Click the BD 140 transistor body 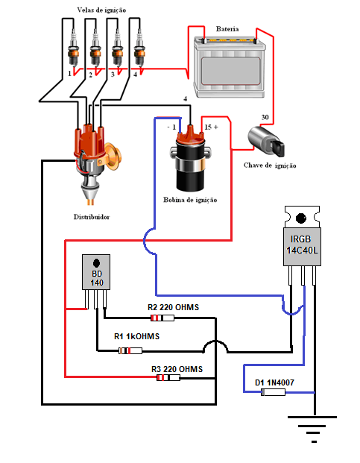96,272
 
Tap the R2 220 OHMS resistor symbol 162,318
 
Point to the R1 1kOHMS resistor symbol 130,351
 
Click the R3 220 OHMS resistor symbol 168,377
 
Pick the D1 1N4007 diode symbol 274,392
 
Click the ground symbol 312,429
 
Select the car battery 230,67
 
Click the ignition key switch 266,142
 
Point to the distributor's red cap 89,142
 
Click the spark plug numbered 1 74,48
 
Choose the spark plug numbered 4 139,48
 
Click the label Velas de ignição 101,10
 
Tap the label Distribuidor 92,217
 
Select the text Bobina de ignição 190,200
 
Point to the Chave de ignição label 270,166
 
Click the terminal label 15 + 211,127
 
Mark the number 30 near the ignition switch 265,117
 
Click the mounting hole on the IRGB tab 301,218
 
